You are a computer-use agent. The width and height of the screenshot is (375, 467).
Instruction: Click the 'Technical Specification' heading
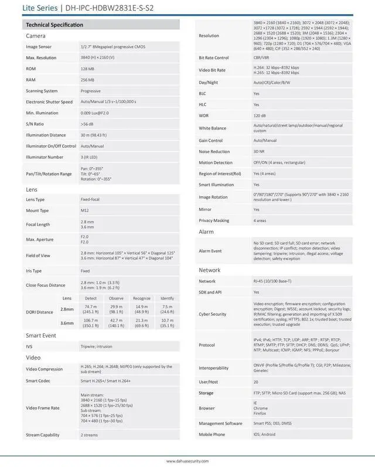point(54,25)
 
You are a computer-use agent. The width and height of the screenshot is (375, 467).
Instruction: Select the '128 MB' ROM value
point(88,69)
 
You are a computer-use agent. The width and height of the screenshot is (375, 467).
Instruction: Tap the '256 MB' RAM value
point(88,80)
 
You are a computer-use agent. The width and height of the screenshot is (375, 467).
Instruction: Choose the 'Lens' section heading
point(32,190)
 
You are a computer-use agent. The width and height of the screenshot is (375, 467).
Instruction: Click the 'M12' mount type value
point(84,210)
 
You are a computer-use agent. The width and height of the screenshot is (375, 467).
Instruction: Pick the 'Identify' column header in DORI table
point(167,298)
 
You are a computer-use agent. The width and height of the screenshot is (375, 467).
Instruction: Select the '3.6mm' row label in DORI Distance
point(67,324)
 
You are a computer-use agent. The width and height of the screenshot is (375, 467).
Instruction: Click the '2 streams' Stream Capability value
point(90,435)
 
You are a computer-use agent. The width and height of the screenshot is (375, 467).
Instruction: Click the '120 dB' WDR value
point(259,115)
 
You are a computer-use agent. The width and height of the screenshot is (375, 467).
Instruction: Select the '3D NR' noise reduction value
point(258,151)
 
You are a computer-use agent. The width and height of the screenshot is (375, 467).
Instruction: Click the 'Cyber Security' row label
point(212,314)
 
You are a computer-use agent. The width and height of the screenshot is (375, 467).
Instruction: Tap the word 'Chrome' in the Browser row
point(261,408)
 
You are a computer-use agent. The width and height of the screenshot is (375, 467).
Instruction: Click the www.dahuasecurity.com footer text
point(187,461)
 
